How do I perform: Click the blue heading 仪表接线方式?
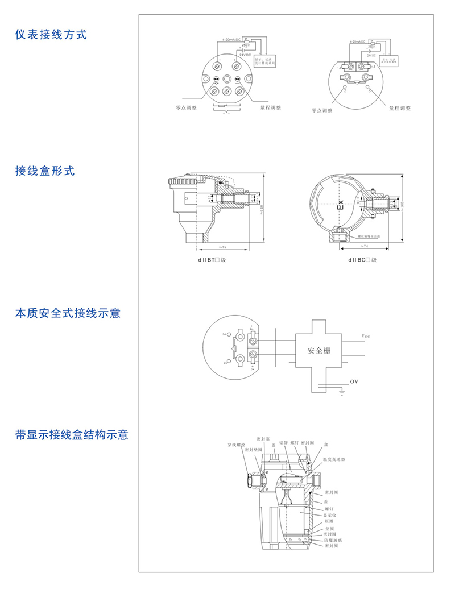pos(51,35)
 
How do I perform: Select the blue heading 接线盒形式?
pos(45,171)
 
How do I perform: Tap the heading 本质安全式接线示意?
pos(68,313)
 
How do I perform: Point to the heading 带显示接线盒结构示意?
pos(72,435)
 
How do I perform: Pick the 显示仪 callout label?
pos(330,515)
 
